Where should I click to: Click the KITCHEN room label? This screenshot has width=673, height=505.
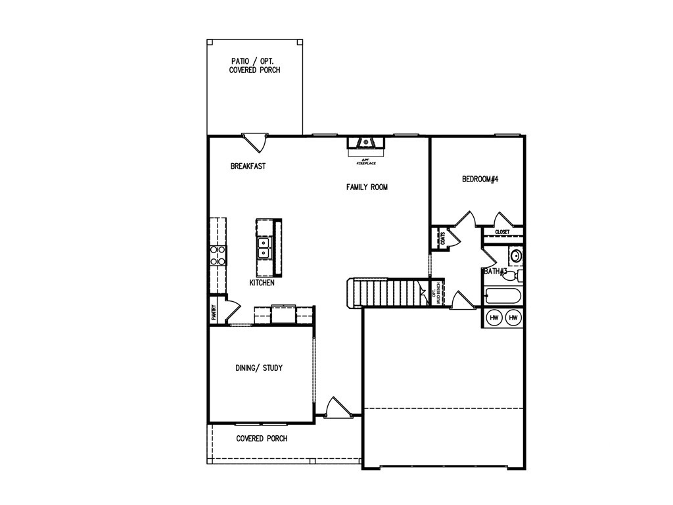point(262,283)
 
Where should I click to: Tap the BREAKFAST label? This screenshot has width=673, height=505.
point(248,166)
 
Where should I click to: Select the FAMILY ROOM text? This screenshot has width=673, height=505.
point(367,187)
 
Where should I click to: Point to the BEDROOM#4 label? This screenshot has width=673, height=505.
point(480,179)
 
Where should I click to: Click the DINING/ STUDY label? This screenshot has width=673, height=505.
point(259,368)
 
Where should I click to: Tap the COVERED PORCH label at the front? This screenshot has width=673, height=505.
point(262,439)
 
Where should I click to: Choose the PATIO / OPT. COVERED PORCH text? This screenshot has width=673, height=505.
point(254,65)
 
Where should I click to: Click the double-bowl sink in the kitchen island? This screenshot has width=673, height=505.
point(264,248)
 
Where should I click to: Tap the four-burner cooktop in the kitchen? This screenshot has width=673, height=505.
point(218,255)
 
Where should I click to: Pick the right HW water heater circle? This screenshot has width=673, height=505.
point(513,318)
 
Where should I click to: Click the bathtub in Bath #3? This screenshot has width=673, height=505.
point(503,296)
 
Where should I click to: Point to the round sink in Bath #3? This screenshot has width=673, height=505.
point(516,255)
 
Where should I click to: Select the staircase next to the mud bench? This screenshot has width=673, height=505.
point(386,293)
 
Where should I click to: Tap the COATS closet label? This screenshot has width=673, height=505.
point(442,238)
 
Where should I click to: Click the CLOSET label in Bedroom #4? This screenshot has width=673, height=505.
point(502,232)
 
